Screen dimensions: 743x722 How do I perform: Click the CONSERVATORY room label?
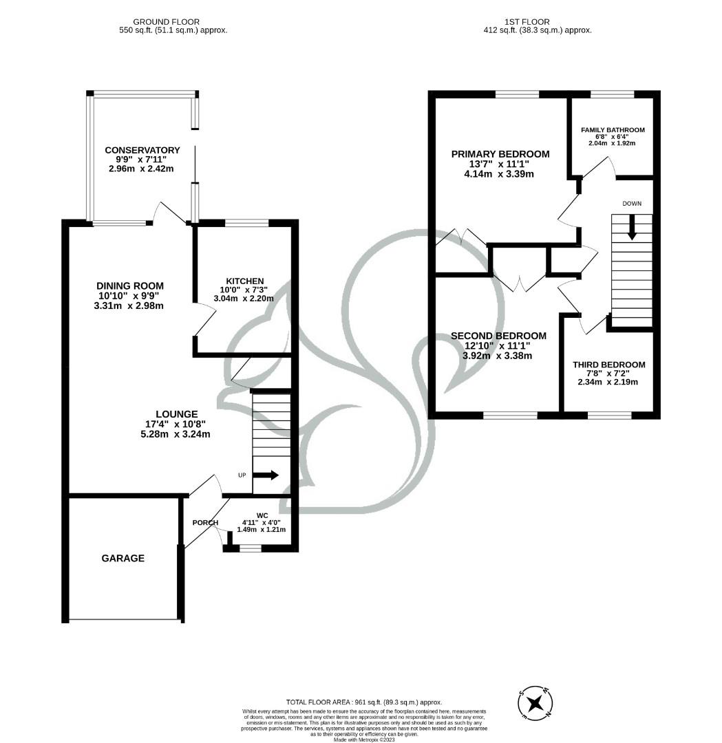(142, 151)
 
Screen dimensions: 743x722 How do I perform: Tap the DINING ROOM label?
(130, 286)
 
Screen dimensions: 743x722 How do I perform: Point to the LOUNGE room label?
(176, 414)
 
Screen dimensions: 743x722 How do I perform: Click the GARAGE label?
(123, 559)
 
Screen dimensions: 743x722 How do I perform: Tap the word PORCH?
(204, 523)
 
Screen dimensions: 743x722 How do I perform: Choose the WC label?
(262, 515)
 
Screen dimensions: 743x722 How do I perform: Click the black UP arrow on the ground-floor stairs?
(266, 475)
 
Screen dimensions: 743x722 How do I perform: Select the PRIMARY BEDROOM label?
(500, 154)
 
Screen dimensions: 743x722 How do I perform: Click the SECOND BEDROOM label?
(498, 336)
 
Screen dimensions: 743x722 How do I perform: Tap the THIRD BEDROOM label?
(609, 365)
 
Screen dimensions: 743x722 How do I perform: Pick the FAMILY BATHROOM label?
(613, 130)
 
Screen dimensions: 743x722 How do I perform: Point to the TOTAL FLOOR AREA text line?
(364, 702)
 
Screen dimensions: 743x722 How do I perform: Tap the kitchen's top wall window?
(246, 223)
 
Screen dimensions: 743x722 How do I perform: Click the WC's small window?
(251, 548)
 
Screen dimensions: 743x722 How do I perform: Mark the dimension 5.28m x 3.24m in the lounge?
(176, 434)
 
